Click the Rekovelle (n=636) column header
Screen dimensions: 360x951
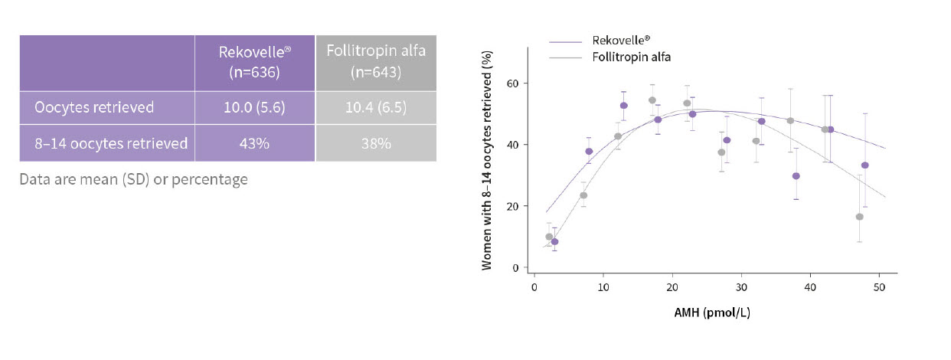tap(254, 62)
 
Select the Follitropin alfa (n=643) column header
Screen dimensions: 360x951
tap(376, 62)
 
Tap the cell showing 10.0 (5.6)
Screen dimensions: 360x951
tap(254, 108)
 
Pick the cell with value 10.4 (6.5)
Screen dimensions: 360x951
tap(376, 108)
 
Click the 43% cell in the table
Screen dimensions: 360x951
tap(254, 143)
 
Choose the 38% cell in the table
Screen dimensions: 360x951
tap(376, 143)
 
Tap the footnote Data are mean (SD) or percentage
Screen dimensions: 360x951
tap(133, 179)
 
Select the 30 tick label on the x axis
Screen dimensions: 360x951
tap(741, 287)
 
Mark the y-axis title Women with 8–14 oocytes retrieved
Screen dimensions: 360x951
tap(487, 162)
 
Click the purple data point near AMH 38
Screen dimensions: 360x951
tap(796, 176)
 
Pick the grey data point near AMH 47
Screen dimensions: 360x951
tap(859, 217)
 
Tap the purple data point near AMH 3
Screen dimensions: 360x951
tap(554, 242)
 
